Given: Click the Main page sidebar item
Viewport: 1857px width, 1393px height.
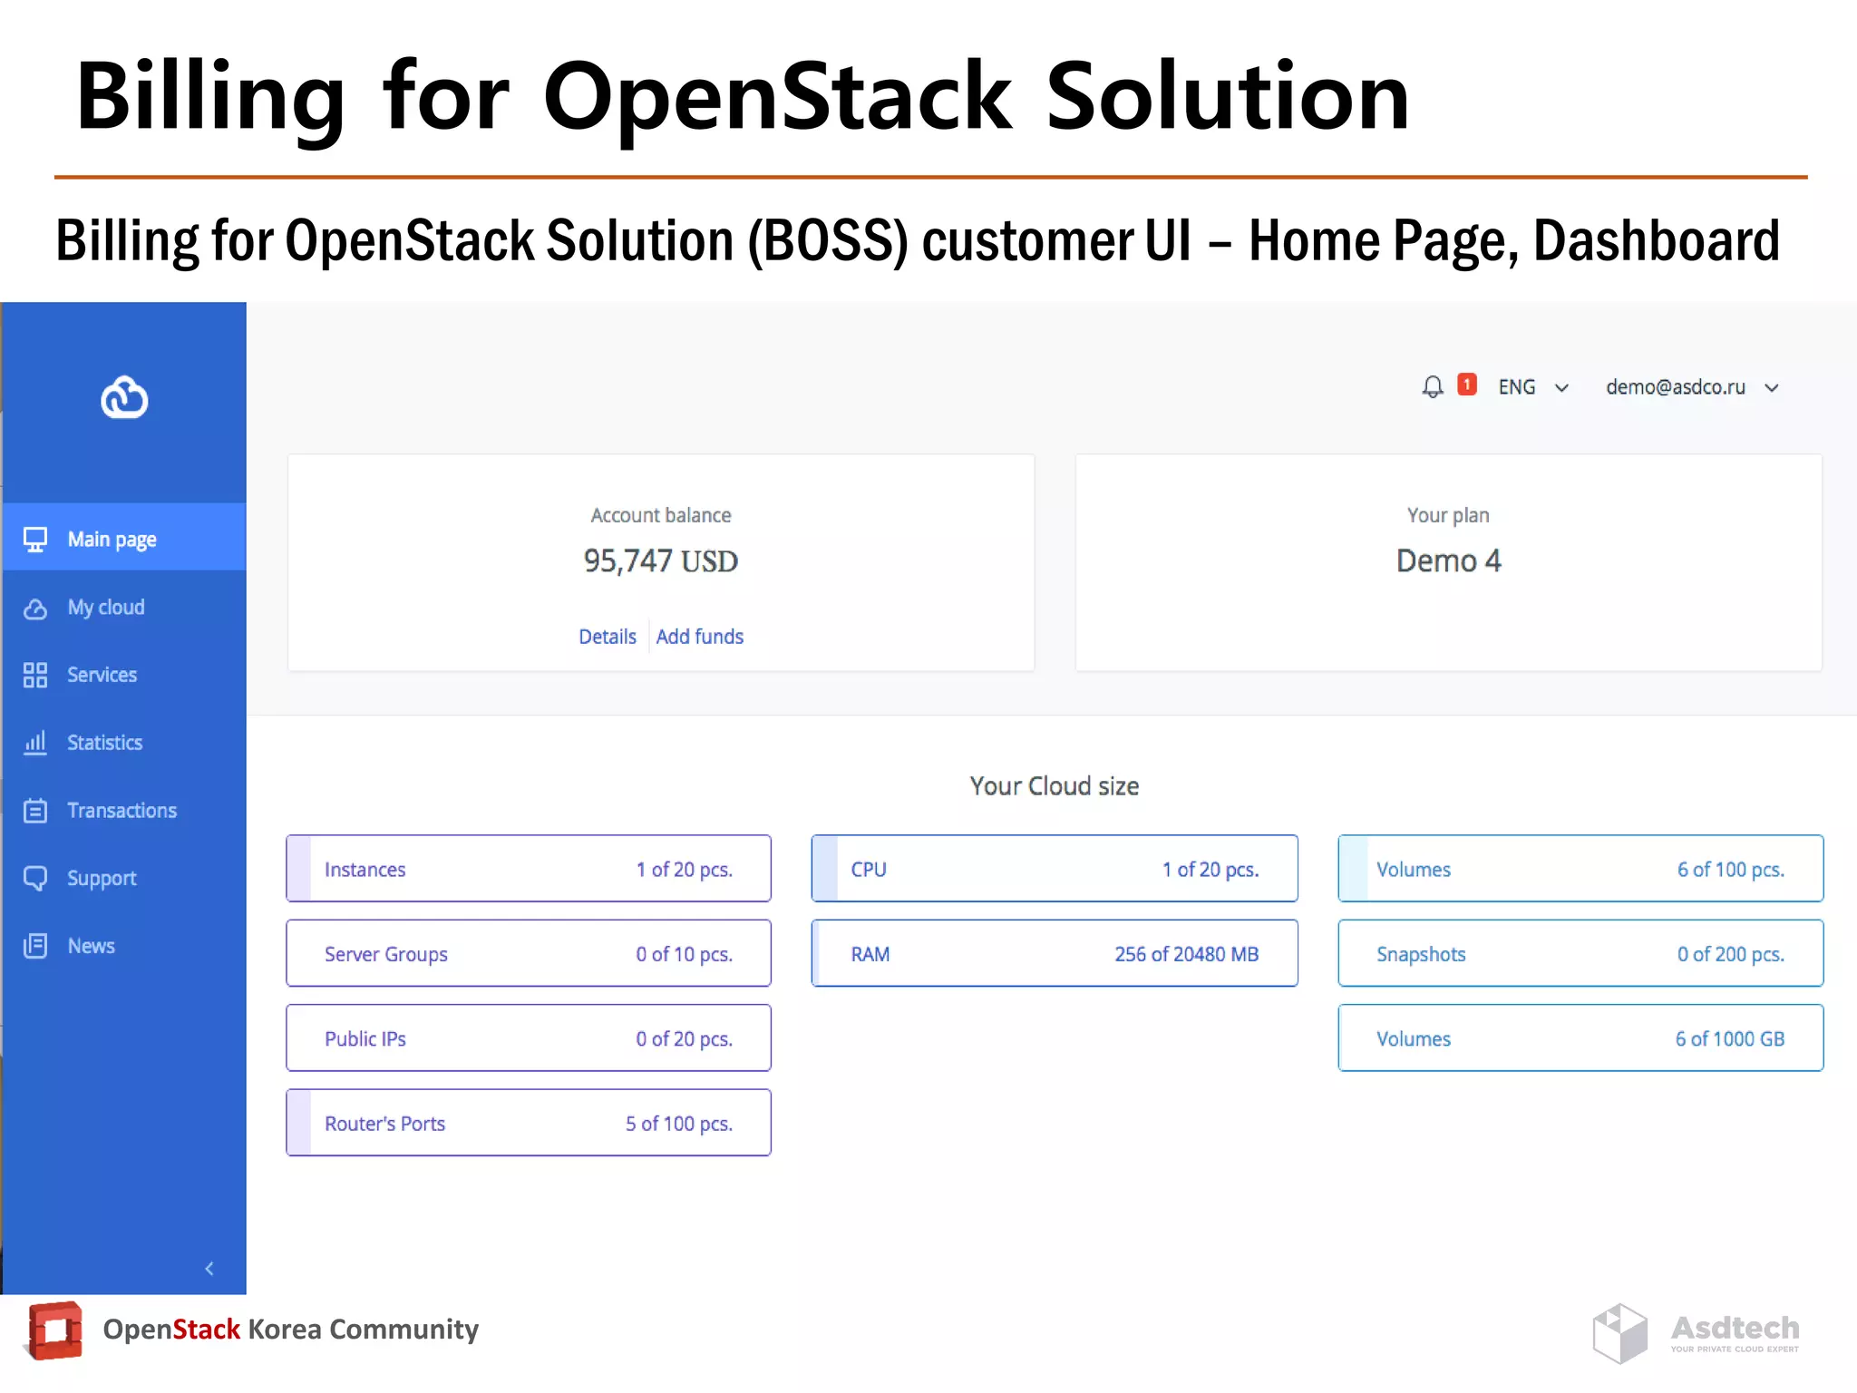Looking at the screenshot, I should [x=112, y=540].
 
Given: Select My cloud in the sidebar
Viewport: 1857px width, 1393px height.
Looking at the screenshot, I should [x=105, y=608].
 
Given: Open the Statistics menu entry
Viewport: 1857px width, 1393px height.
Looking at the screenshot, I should [x=104, y=743].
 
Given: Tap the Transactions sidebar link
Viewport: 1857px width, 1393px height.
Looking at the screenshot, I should [x=122, y=811].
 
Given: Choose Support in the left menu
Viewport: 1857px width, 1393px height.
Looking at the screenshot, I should [x=102, y=878].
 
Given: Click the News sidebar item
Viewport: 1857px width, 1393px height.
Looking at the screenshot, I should [x=91, y=946].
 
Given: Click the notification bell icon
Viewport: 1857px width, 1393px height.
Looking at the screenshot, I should [x=1433, y=387].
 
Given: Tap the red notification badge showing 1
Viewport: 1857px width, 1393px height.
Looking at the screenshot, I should [x=1466, y=385].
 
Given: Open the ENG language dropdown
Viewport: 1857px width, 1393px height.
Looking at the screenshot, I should [x=1532, y=387].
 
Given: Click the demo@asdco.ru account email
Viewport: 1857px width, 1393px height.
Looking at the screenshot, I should [x=1676, y=387].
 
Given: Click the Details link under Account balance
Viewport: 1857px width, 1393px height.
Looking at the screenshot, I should [x=608, y=637].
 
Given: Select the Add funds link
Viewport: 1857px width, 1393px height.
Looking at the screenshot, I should [x=699, y=637].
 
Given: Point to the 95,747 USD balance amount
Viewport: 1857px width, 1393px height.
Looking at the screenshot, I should [x=661, y=561].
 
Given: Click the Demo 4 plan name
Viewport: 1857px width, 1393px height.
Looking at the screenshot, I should [x=1448, y=561].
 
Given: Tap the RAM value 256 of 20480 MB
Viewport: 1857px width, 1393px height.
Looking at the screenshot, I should [x=1186, y=954].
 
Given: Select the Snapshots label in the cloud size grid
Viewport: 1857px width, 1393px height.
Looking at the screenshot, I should [x=1421, y=954].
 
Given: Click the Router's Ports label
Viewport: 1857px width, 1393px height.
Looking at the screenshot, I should [x=384, y=1124].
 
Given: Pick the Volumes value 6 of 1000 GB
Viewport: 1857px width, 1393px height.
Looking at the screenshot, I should [x=1729, y=1039].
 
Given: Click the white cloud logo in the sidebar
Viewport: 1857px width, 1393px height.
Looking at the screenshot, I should [x=124, y=397].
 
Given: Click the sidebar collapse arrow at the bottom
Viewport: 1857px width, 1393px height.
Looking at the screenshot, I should [x=209, y=1269].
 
